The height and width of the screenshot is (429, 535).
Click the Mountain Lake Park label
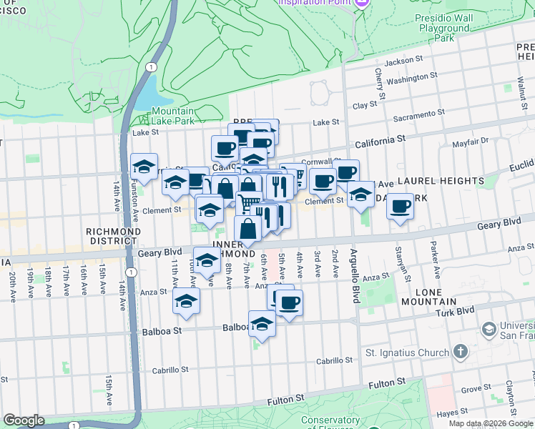[x=172, y=117]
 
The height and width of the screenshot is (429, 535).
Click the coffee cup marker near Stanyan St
[x=401, y=207]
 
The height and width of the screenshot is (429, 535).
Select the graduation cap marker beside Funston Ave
[x=144, y=167]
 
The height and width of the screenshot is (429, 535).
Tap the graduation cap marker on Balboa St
[x=262, y=325]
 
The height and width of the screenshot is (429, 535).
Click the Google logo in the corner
[x=24, y=420]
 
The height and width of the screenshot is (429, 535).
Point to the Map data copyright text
[x=491, y=423]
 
